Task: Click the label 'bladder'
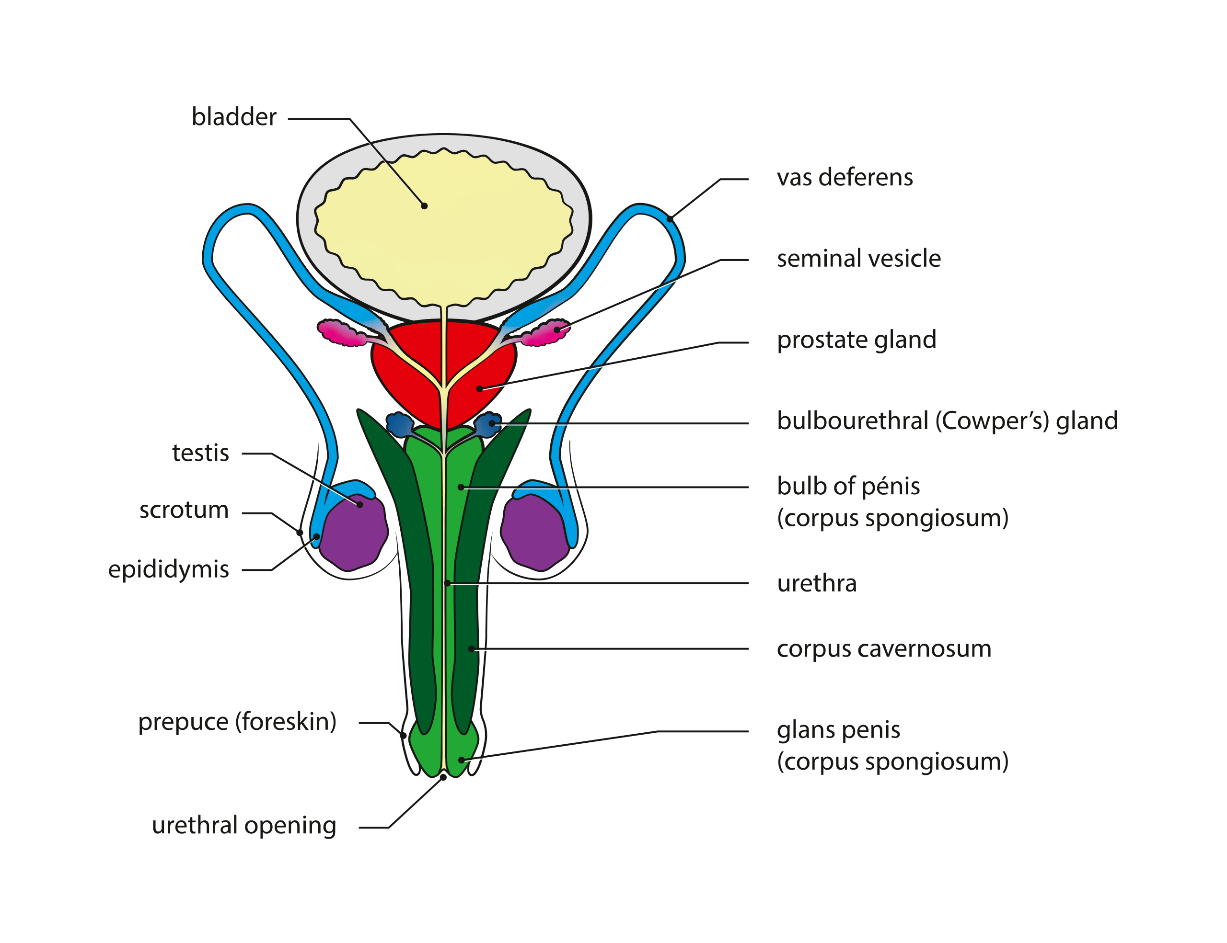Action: tap(234, 117)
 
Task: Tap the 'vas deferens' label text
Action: tap(845, 177)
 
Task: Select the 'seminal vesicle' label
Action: tap(859, 259)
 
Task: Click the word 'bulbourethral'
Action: tap(852, 421)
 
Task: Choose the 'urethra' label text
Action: tap(817, 584)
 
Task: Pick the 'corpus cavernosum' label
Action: tap(884, 649)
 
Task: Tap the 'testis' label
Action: tap(200, 453)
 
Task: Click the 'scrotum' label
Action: tap(184, 510)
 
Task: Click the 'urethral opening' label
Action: tap(244, 826)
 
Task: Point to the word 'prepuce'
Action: tap(183, 722)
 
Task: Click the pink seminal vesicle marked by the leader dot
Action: tap(545, 333)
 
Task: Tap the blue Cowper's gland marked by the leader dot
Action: tap(487, 424)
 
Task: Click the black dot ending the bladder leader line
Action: tap(424, 206)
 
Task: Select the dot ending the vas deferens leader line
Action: tap(670, 219)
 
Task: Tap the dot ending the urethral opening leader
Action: tap(443, 777)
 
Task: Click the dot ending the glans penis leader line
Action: tap(461, 760)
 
